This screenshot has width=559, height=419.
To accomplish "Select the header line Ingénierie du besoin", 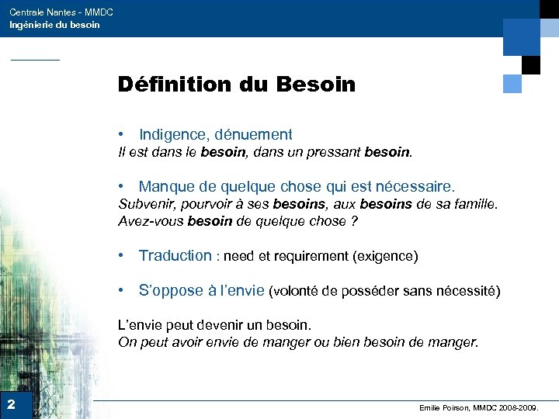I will tap(54, 25).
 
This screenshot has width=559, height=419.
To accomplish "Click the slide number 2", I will tap(12, 404).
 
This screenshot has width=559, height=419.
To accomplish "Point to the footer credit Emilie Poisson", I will tap(446, 407).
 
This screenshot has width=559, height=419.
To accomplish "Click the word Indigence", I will tap(175, 135).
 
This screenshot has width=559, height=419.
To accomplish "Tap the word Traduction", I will tap(175, 255).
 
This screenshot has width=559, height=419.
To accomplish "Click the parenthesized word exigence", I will tap(385, 256).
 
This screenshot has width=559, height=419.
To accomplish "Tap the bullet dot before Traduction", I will tap(123, 255).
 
